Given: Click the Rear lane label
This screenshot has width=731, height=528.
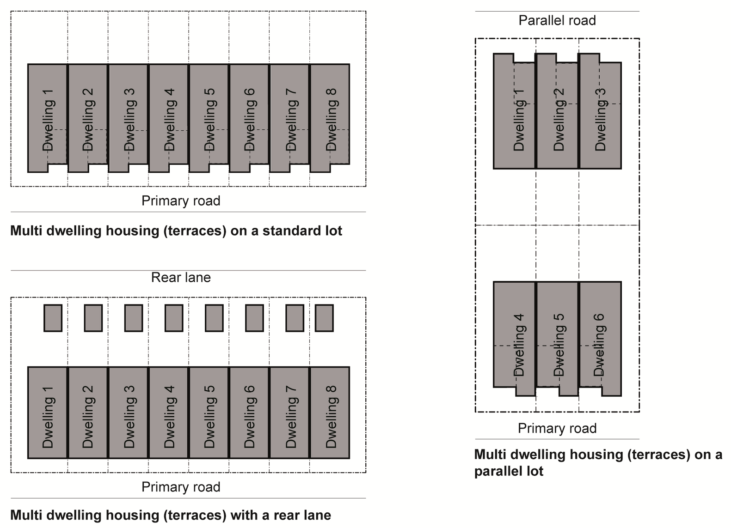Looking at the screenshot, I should point(181,277).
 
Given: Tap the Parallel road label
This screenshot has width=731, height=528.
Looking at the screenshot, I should point(557,20).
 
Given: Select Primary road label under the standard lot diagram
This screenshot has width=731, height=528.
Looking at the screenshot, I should point(181,201).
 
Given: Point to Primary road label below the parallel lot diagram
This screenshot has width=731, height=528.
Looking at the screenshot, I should point(557,428).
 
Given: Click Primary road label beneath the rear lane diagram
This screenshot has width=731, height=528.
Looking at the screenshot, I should point(181,487).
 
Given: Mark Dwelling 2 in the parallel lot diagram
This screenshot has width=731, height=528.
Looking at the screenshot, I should point(558,119).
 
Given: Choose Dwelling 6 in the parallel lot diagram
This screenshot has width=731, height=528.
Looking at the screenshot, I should point(599,344).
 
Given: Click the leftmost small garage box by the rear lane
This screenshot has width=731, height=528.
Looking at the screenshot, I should point(53,318).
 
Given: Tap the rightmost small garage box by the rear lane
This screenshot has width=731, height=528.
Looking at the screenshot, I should point(324,318).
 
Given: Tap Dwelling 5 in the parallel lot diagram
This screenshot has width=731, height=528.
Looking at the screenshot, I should point(558,344).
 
